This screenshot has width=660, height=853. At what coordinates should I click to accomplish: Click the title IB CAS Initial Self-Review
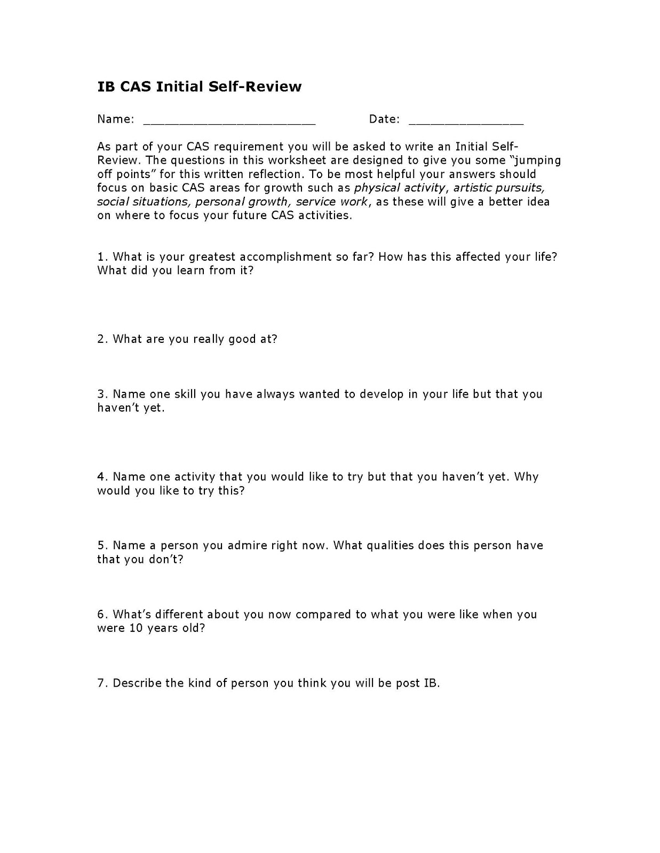(199, 87)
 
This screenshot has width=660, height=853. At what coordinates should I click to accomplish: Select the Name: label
(115, 119)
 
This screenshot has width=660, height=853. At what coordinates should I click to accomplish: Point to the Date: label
(384, 119)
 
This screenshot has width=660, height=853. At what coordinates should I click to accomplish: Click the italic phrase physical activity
(399, 188)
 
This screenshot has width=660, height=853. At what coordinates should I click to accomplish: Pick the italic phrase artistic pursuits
(499, 188)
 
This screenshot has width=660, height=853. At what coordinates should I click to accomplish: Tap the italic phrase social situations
(142, 202)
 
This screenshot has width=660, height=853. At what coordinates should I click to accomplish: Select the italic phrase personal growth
(242, 202)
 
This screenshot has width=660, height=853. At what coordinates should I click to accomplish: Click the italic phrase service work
(332, 202)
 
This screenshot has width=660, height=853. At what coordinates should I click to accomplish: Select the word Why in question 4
(526, 477)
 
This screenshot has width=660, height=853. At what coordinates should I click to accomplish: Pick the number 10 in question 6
(135, 628)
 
